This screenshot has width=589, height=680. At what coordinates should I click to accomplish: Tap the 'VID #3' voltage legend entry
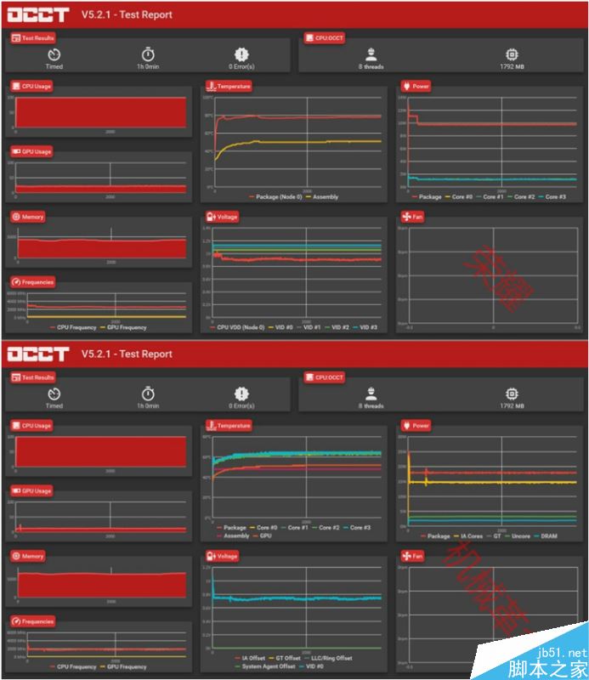(x=367, y=327)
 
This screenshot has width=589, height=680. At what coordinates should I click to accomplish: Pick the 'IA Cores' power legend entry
(x=469, y=535)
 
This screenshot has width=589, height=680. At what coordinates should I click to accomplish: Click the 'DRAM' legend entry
(x=548, y=535)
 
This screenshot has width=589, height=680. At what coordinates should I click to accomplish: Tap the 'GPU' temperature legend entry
(x=265, y=535)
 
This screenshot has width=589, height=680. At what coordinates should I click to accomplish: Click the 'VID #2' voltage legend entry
(x=339, y=327)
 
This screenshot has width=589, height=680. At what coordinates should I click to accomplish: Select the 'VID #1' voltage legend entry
(x=311, y=327)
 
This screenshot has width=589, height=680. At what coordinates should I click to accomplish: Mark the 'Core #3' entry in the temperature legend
(x=360, y=527)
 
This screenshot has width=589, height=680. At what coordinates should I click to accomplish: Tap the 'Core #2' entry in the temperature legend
(x=328, y=527)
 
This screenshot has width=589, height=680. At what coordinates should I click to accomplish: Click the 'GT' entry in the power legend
(x=496, y=535)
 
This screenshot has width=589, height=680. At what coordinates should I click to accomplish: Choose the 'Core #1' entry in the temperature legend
(x=297, y=527)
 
